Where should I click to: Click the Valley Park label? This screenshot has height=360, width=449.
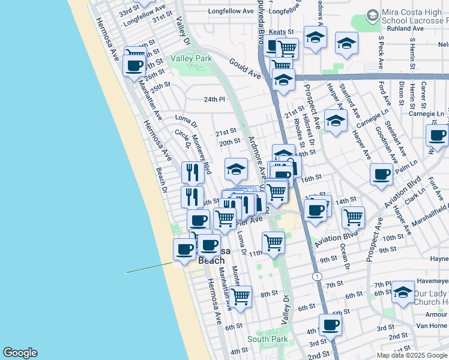(191, 58)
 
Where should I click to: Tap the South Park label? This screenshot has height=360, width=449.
(267, 339)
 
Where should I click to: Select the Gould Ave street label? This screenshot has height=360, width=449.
(246, 68)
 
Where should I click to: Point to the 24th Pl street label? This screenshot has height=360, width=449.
(213, 99)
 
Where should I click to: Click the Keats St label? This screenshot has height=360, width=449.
(281, 31)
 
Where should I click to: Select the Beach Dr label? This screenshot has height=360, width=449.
(160, 176)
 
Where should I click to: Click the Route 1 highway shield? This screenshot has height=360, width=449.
(316, 275)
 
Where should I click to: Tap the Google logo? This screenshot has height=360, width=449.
(20, 353)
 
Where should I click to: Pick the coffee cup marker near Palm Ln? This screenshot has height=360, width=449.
(381, 173)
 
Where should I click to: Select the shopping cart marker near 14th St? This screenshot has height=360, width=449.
(353, 215)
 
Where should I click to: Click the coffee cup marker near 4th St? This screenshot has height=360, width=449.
(330, 324)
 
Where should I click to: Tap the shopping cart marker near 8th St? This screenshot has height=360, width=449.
(240, 295)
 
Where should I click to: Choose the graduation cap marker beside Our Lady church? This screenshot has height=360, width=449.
(403, 292)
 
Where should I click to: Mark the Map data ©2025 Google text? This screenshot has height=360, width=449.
(411, 355)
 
